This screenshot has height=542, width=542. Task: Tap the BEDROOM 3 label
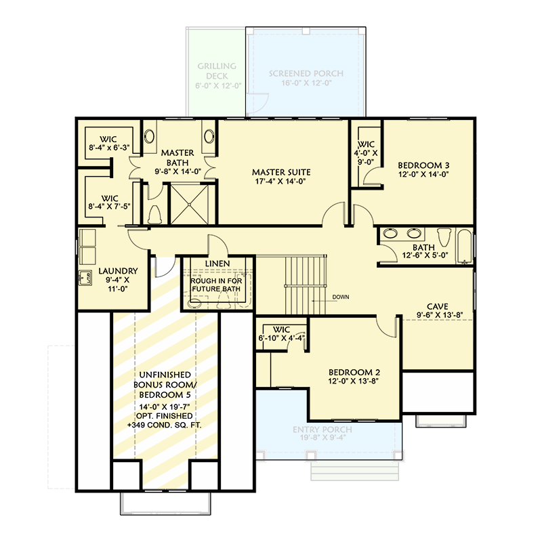tap(423, 165)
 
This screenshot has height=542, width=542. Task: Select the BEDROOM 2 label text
tap(354, 372)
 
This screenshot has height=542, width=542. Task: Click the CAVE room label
tap(436, 306)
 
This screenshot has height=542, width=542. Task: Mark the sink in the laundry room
tap(86, 278)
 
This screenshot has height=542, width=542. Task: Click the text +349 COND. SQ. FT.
tap(166, 424)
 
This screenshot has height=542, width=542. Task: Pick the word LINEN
tap(217, 264)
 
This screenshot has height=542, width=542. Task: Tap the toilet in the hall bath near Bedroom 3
tap(444, 237)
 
